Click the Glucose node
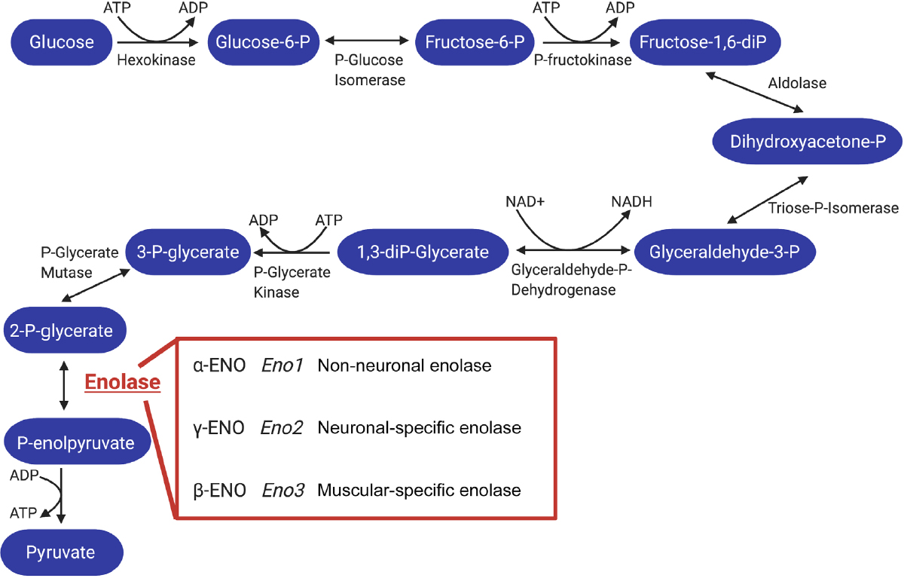coord(62,41)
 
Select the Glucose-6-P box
coord(263,41)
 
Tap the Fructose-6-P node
coord(474,41)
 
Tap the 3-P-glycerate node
coord(188,252)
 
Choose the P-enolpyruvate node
coord(75,442)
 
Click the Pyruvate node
coord(62,552)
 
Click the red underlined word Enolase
coord(123,383)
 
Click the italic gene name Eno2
coord(282,428)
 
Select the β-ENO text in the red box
coord(219,491)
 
